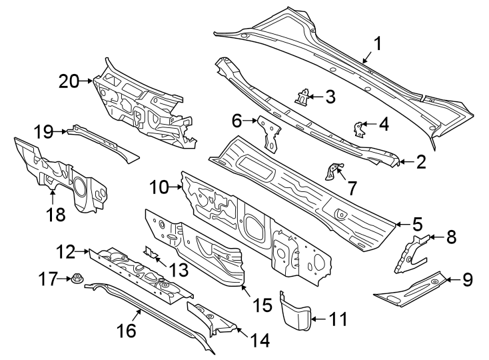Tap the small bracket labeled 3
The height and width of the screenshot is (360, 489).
click(x=304, y=97)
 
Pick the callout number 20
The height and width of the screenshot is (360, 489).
click(x=68, y=81)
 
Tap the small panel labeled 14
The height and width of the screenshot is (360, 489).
click(x=212, y=319)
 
